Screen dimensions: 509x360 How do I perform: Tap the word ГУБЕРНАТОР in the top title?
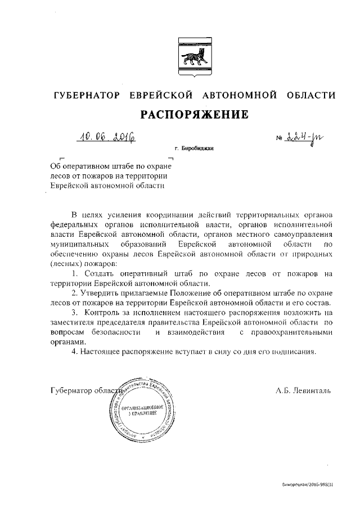tap(85, 95)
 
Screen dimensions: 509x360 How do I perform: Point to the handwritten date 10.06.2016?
tap(108, 137)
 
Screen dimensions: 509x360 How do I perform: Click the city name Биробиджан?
tap(197, 149)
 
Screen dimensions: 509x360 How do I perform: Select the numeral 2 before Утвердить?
tap(75, 294)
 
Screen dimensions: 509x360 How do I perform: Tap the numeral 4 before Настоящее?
tap(75, 352)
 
